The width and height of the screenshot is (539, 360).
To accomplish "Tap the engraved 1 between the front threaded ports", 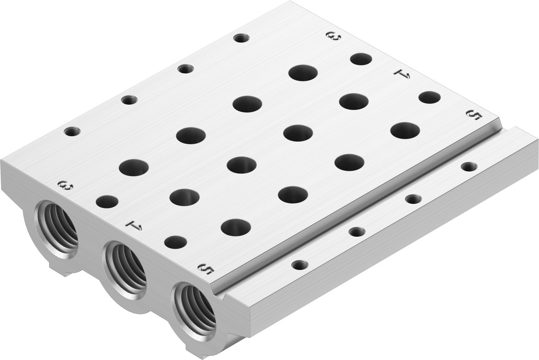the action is (x=134, y=225).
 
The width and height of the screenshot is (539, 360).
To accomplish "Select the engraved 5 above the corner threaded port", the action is (x=206, y=269).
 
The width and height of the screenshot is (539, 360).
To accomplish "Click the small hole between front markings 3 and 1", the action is (x=107, y=202).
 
